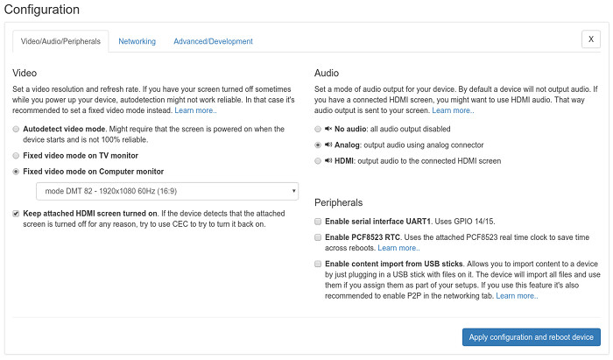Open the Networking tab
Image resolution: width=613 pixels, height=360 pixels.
[137, 41]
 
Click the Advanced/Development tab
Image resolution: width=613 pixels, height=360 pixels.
[213, 41]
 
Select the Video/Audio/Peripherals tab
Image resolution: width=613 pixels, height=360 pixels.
[60, 41]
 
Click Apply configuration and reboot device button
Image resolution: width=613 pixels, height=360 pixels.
[532, 337]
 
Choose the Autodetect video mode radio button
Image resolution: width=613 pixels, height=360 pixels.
[17, 129]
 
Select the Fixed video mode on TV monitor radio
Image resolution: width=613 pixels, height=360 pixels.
[17, 155]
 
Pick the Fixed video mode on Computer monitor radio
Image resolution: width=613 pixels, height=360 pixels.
[17, 172]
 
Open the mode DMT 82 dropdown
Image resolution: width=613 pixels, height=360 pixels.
[166, 191]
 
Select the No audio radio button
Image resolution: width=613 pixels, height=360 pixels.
[318, 129]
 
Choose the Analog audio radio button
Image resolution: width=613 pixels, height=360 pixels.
[318, 145]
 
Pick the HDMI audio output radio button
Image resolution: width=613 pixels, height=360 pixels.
[318, 162]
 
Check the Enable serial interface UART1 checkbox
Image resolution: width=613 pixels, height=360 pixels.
[318, 222]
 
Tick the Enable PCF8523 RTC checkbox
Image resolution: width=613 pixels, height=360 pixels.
[318, 237]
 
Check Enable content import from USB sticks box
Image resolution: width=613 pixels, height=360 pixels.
[318, 264]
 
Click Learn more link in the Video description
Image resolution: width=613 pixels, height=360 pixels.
[195, 111]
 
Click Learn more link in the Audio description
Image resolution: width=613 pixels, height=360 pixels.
[453, 111]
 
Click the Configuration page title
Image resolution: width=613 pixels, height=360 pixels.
[46, 10]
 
